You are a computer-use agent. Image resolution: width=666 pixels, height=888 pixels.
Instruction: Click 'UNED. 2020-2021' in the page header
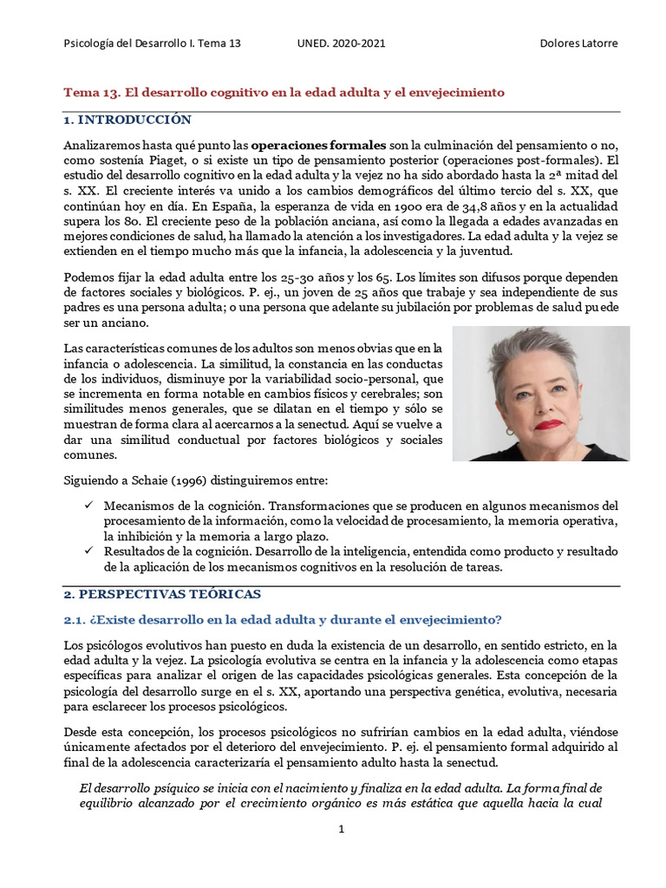pos(342,43)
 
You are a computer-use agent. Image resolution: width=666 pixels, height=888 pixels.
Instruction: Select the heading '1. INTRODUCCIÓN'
pos(127,120)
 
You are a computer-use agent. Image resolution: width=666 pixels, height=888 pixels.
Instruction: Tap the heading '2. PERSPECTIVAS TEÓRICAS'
pos(162,594)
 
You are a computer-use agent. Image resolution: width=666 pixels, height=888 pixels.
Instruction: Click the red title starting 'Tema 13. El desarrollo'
pos(284,92)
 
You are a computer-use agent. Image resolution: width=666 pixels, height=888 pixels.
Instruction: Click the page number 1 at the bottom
pos(342,830)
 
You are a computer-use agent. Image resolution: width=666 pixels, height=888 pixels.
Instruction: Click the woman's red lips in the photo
pos(548,425)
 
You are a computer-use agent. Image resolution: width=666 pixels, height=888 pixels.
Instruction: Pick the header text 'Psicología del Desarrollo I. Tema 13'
pos(153,43)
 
